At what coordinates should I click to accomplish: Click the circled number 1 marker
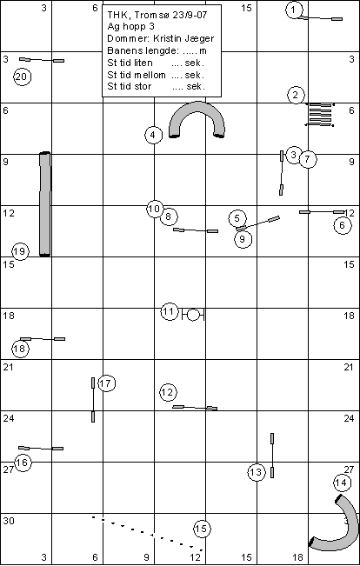[x=294, y=10]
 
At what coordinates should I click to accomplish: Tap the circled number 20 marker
[x=22, y=77]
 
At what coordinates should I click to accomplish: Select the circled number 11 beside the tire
[x=170, y=312]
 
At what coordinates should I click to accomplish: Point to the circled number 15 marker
[x=202, y=529]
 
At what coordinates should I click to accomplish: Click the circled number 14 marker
[x=342, y=483]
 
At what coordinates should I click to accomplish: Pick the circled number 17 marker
[x=106, y=383]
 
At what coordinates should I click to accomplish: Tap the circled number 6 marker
[x=343, y=225]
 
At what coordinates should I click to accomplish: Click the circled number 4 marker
[x=153, y=135]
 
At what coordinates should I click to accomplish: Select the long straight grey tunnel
[x=44, y=204]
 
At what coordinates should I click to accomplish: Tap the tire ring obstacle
[x=193, y=315]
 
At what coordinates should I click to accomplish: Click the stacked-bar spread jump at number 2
[x=319, y=115]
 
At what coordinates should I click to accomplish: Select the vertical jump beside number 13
[x=272, y=456]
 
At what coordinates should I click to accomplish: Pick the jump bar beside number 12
[x=195, y=408]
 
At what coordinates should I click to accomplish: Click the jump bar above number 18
[x=43, y=339]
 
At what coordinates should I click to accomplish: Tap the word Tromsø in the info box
[x=149, y=15]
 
